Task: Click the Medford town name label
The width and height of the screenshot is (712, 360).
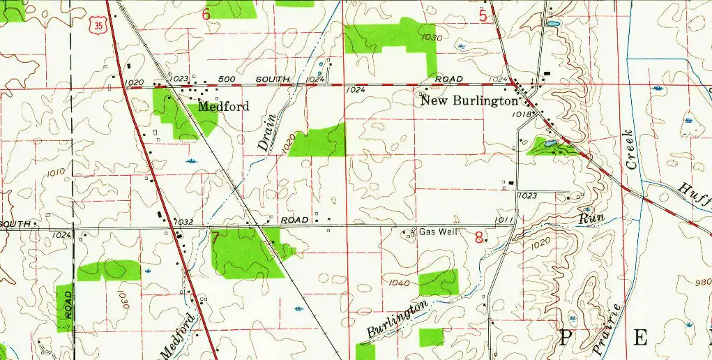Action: click(223, 107)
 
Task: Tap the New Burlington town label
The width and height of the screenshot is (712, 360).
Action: click(469, 100)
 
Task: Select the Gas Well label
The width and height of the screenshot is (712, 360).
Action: click(438, 231)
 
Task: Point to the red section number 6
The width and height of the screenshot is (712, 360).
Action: click(206, 14)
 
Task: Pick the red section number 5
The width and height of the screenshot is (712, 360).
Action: click(483, 16)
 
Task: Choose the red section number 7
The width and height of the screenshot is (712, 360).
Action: click(215, 237)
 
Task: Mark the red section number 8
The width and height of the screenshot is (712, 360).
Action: click(478, 237)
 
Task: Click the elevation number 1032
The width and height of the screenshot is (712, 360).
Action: click(183, 222)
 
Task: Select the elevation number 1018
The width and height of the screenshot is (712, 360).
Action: click(523, 113)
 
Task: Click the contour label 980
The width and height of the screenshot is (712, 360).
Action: click(703, 282)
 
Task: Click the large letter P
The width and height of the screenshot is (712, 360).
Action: click(564, 338)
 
